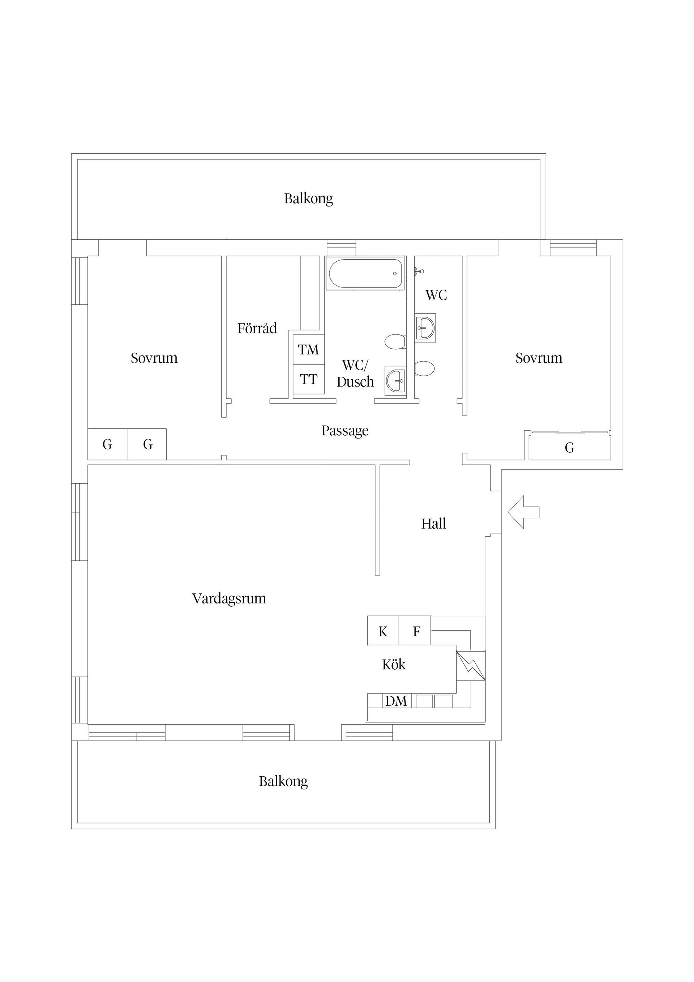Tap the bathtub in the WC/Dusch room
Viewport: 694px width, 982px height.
pyautogui.click(x=365, y=273)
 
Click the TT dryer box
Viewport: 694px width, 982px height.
pyautogui.click(x=308, y=379)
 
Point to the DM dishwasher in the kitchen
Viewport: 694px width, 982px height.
pyautogui.click(x=396, y=701)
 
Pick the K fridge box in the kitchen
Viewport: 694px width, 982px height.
pyautogui.click(x=383, y=631)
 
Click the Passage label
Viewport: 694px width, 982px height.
pyautogui.click(x=344, y=431)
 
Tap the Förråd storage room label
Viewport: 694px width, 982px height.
pyautogui.click(x=257, y=328)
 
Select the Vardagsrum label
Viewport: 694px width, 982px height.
pyautogui.click(x=229, y=598)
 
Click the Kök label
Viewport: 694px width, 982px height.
pyautogui.click(x=393, y=664)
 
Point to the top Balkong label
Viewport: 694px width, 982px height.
pyautogui.click(x=308, y=199)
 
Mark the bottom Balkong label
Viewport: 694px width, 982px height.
pyautogui.click(x=283, y=781)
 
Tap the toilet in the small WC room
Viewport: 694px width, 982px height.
pyautogui.click(x=425, y=368)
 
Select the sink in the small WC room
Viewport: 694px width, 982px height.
pyautogui.click(x=425, y=328)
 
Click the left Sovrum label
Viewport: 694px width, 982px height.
pyautogui.click(x=154, y=358)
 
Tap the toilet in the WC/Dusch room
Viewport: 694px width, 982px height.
pyautogui.click(x=395, y=342)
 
